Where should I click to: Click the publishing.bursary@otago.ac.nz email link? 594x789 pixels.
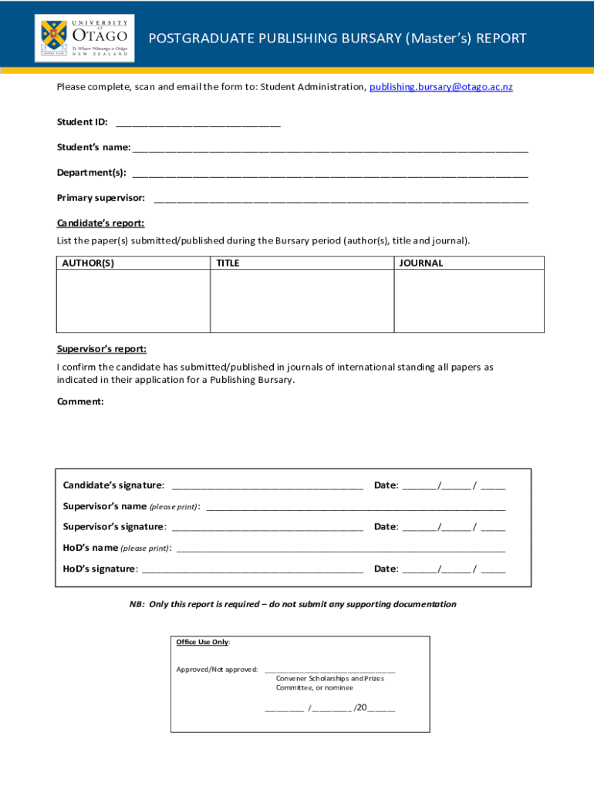pyautogui.click(x=440, y=87)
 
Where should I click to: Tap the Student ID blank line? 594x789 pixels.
pyautogui.click(x=197, y=124)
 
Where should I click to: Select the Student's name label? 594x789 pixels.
pyautogui.click(x=93, y=147)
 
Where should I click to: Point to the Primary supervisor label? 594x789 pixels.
pyautogui.click(x=100, y=198)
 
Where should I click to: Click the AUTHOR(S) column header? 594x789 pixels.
pyautogui.click(x=88, y=263)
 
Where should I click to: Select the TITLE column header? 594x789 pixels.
pyautogui.click(x=228, y=263)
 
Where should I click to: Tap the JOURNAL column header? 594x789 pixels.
pyautogui.click(x=421, y=263)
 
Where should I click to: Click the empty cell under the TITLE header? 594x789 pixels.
pyautogui.click(x=302, y=300)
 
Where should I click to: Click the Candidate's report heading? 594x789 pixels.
pyautogui.click(x=100, y=223)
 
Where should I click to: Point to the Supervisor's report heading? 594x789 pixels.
pyautogui.click(x=101, y=348)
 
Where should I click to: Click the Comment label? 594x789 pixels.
pyautogui.click(x=80, y=401)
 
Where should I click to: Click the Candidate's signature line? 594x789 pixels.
pyautogui.click(x=267, y=487)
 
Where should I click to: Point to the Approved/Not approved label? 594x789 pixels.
pyautogui.click(x=217, y=670)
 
